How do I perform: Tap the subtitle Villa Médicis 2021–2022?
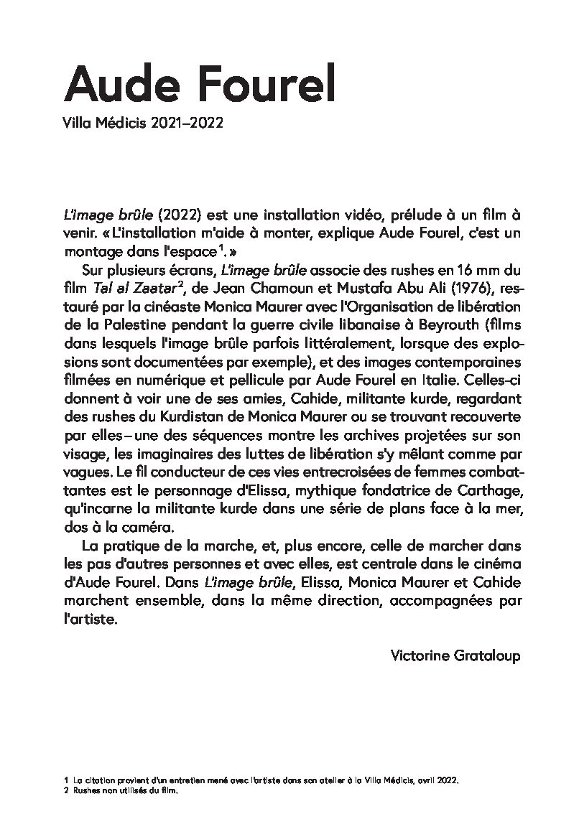(x=144, y=123)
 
